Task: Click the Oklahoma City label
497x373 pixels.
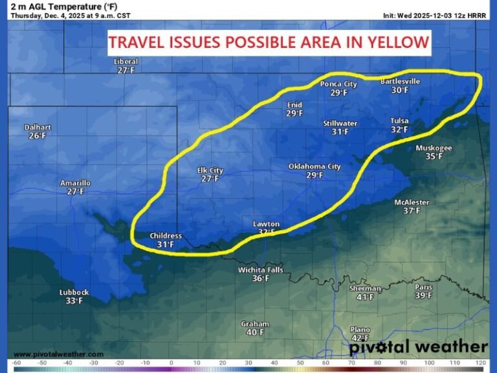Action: pos(315,166)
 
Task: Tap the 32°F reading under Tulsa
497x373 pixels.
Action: pos(399,130)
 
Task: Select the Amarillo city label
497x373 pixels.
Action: pos(75,183)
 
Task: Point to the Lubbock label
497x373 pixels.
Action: pos(74,292)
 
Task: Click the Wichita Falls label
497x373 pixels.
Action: pos(260,270)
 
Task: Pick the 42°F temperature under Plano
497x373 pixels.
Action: pos(360,338)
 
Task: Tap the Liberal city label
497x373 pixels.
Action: pos(126,62)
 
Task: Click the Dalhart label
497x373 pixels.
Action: pos(37,128)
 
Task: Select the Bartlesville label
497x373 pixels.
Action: pos(399,82)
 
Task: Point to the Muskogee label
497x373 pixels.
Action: pos(434,148)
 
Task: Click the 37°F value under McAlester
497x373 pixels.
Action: pos(412,210)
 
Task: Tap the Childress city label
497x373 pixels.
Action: pos(166,236)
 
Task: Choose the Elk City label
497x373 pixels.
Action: pos(210,170)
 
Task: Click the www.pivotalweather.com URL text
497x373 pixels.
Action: pos(58,354)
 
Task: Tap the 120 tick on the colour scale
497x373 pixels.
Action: pos(480,363)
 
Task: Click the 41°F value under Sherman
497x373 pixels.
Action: pos(365,297)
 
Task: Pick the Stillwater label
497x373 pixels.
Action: pos(340,123)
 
